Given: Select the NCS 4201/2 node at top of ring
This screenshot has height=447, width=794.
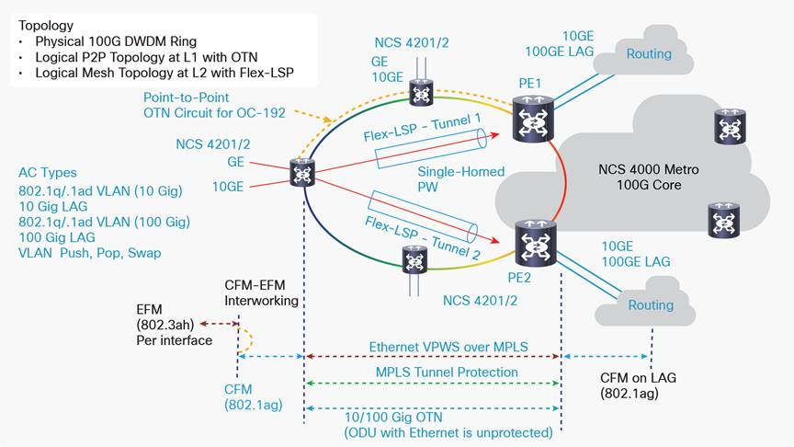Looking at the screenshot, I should click(x=422, y=92).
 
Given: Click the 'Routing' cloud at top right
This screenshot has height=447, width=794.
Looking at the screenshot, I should click(x=648, y=54).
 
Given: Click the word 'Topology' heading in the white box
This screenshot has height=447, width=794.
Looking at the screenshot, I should click(x=46, y=26).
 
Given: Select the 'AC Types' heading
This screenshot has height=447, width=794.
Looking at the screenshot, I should click(x=48, y=173).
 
